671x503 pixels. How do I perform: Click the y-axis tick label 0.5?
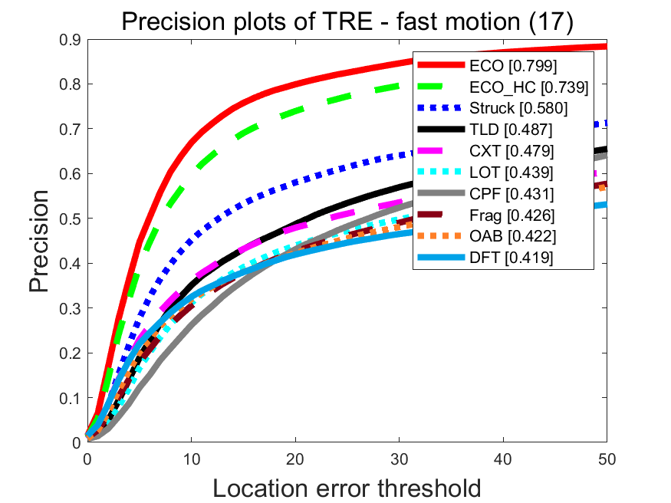70,219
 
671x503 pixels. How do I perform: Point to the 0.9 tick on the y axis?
70,39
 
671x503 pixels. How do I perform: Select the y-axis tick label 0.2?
70,353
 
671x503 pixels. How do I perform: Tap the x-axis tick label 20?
295,458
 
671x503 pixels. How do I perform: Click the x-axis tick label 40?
503,458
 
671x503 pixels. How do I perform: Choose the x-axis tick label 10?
191,458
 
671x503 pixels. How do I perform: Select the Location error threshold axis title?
347,488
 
